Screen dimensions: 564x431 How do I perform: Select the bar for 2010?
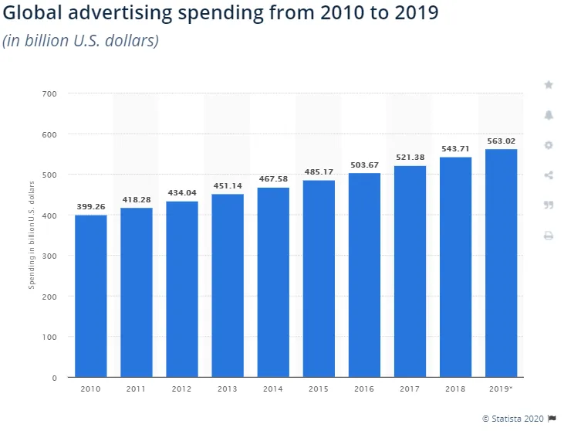[x=90, y=296]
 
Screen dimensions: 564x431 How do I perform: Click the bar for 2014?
[x=273, y=282]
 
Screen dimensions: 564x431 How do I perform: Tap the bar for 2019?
[x=501, y=263]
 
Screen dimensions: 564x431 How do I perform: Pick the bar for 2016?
[x=364, y=275]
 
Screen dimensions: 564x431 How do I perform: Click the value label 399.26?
[x=90, y=207]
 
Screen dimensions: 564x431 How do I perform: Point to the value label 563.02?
[x=501, y=141]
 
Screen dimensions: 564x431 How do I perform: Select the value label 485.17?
[x=319, y=171]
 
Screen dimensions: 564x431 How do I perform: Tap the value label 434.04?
[x=182, y=192]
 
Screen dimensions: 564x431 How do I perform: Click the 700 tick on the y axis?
[x=49, y=94]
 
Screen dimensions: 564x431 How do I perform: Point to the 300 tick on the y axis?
[x=49, y=256]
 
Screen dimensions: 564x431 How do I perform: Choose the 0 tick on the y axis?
[x=54, y=378]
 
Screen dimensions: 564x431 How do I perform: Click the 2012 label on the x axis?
[x=181, y=389]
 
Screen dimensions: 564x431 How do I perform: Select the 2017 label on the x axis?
[x=410, y=389]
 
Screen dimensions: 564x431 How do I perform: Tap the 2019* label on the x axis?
[x=501, y=389]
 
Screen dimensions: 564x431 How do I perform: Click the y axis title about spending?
[x=32, y=235]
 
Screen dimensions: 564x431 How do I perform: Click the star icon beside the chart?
[x=549, y=85]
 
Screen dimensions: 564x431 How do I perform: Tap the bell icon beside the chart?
[x=549, y=115]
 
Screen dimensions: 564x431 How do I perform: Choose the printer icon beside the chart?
[x=549, y=236]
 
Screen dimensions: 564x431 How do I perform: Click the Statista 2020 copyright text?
[x=513, y=419]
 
